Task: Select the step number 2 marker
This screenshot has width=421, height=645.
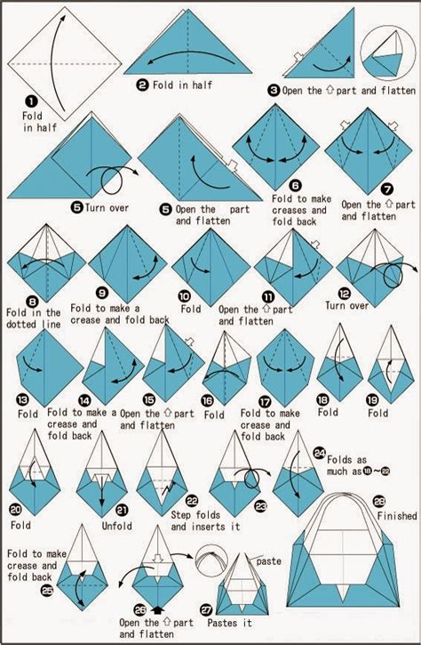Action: (142, 85)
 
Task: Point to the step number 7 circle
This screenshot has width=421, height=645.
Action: (387, 190)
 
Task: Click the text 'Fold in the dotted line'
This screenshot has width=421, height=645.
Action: (34, 318)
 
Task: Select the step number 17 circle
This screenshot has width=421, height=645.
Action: (265, 400)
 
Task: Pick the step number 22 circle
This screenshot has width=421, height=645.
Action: (192, 502)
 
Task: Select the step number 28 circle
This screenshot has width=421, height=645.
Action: (378, 501)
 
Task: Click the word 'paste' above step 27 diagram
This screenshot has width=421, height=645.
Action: (268, 562)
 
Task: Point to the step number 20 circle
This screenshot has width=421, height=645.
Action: (16, 509)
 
